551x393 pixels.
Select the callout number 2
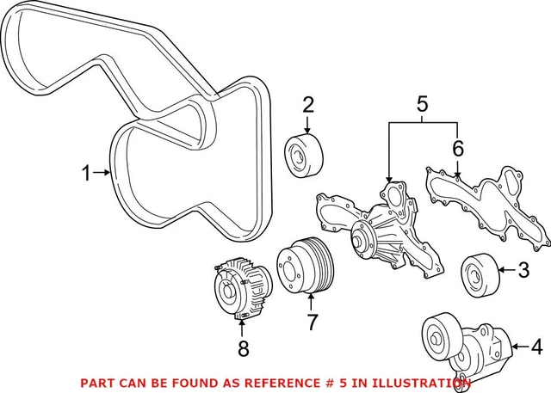point(307,106)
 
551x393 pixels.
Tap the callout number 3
point(524,273)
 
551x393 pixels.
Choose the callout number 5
point(422,106)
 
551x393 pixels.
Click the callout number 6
point(458,148)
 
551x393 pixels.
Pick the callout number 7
point(313,322)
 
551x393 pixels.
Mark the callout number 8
point(243,348)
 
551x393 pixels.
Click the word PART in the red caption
point(97,383)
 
